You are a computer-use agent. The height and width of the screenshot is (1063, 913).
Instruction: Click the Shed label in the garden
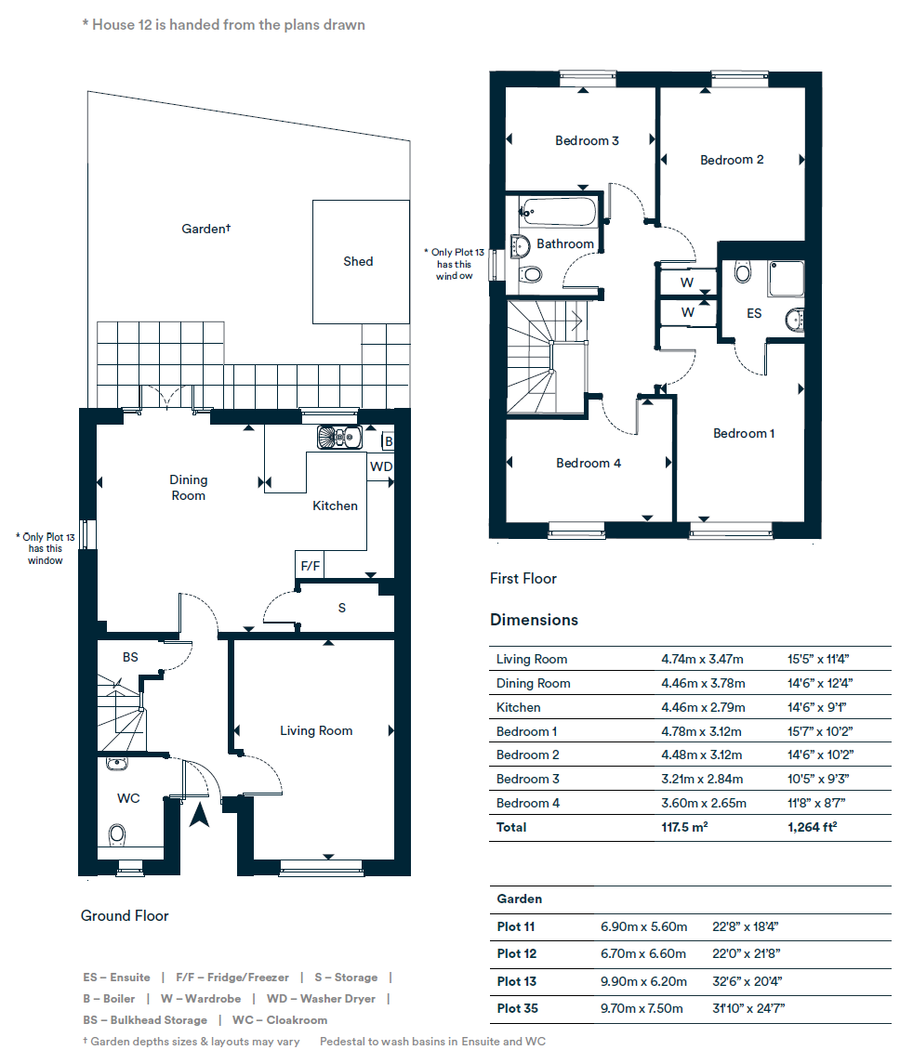(x=358, y=261)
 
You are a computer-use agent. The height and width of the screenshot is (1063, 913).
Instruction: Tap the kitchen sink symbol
(x=338, y=436)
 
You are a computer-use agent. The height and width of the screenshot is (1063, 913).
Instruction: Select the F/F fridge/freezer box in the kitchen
(x=310, y=565)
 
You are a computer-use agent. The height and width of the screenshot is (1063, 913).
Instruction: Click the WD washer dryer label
(x=381, y=466)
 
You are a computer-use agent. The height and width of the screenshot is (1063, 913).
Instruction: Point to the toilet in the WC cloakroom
(x=117, y=834)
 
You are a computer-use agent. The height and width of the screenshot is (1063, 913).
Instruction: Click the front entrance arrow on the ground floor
(x=199, y=815)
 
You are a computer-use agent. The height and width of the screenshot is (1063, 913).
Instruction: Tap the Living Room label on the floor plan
(x=316, y=730)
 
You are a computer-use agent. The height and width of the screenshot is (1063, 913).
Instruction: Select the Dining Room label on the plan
(x=188, y=488)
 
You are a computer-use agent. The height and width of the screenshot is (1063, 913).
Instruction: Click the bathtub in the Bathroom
(x=559, y=212)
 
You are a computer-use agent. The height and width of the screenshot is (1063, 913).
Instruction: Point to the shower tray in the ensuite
(x=786, y=278)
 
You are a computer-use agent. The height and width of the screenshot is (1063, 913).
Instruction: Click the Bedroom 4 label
(x=588, y=463)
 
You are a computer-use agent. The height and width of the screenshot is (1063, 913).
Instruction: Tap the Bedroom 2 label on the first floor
(x=732, y=160)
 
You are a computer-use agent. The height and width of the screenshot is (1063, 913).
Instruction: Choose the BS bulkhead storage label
(x=130, y=657)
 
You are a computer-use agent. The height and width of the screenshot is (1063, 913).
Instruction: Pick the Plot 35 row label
(x=517, y=1008)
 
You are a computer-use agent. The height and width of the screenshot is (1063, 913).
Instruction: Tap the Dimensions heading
(x=534, y=620)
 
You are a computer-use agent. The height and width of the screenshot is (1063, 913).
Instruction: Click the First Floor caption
(x=523, y=578)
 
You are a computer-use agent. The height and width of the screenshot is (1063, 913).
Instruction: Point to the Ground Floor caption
(x=125, y=915)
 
